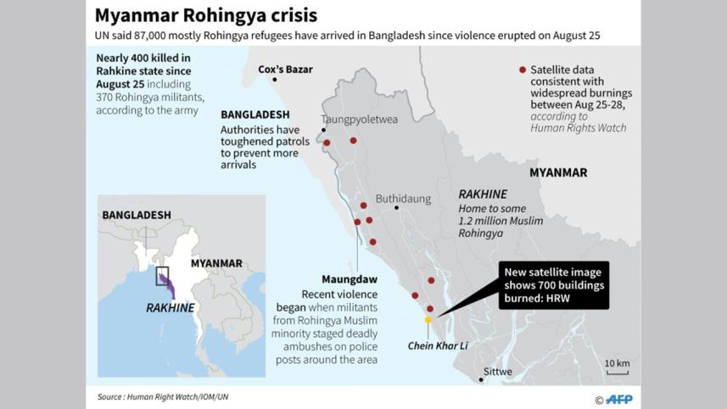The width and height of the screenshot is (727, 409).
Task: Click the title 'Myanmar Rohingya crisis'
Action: [206, 15]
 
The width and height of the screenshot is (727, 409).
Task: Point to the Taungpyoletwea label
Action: [359, 120]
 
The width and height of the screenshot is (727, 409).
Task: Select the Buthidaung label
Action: [403, 199]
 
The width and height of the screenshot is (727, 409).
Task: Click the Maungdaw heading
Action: [349, 278]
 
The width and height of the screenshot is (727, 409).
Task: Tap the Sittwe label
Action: [497, 372]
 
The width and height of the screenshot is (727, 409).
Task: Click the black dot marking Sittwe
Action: [481, 379]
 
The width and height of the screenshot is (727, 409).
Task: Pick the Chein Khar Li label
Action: [438, 345]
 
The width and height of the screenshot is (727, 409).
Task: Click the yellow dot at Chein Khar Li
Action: [428, 320]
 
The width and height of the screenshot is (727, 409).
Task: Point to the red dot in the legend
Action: [522, 70]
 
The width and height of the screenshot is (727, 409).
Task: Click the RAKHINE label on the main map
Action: [482, 193]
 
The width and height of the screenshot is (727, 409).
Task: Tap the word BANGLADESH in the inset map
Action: [136, 216]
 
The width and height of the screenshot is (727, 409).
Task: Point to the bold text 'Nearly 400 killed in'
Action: [143, 59]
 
